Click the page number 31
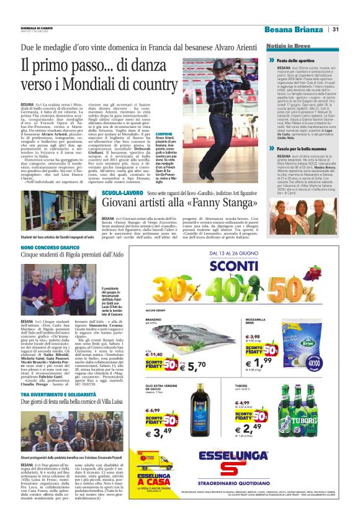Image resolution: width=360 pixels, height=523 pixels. (x=335, y=29)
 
